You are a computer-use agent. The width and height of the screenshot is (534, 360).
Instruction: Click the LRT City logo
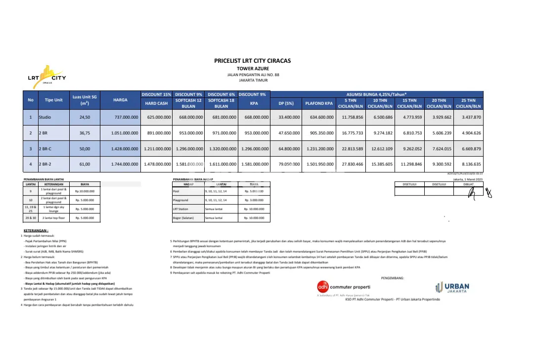coord(46,77)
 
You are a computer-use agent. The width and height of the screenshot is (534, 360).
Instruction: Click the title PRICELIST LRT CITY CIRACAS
coord(252,61)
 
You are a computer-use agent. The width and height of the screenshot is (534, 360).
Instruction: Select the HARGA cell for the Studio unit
coord(120,117)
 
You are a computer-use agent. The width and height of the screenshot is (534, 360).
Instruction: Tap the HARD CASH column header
coord(156,103)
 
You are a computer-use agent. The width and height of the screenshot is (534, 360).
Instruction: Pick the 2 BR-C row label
coord(45,148)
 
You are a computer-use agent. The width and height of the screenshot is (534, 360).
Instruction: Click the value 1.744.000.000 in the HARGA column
coord(120,164)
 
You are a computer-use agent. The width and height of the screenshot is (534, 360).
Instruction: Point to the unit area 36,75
coord(81,133)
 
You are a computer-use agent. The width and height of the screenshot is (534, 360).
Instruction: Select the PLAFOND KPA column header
coord(319,103)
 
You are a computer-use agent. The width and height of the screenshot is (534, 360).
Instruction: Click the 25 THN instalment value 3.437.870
coord(468,117)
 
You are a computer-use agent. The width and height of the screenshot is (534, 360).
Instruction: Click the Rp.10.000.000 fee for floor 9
coord(85,191)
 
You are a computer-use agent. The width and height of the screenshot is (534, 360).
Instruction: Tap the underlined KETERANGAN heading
coord(36,231)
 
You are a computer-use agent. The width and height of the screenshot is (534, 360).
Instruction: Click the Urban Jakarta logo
coord(452,287)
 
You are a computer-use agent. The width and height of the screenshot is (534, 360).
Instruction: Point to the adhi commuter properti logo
coord(343,287)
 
